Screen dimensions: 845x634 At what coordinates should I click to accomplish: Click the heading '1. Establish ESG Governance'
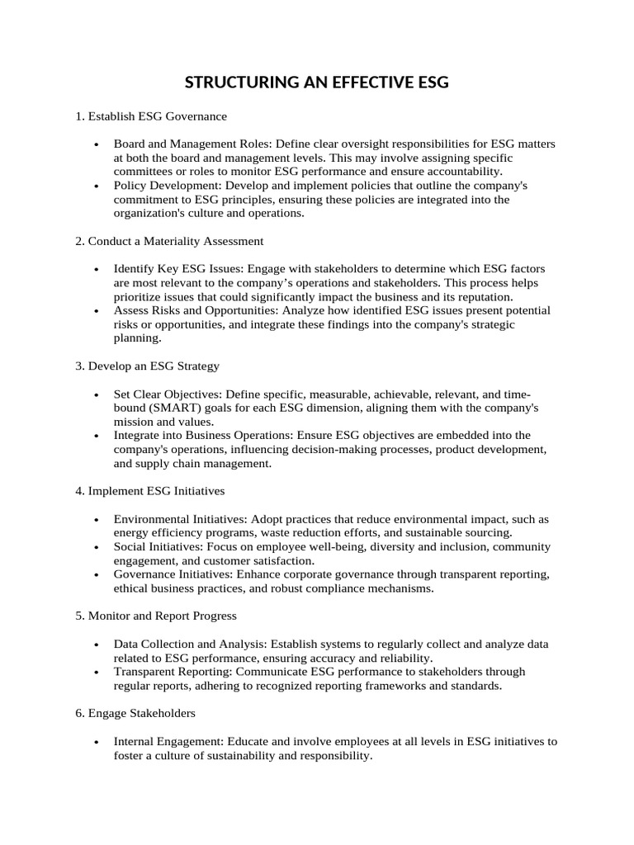click(x=151, y=116)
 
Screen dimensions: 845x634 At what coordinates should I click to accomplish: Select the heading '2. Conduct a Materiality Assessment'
click(x=169, y=241)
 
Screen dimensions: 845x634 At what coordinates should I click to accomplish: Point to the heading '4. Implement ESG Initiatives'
click(x=149, y=491)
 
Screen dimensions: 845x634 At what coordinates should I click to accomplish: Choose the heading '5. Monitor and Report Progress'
click(x=155, y=616)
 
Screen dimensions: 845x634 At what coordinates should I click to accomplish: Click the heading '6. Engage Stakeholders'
click(x=135, y=712)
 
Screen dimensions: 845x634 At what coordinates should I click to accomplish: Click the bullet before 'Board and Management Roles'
click(x=97, y=144)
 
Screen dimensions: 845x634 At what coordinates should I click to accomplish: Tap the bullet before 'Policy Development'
click(x=97, y=186)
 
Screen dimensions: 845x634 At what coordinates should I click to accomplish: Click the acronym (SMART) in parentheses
click(x=182, y=408)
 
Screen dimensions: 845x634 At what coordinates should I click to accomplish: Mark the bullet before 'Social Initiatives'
click(x=97, y=547)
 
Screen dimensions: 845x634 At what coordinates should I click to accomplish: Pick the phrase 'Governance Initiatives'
click(x=173, y=574)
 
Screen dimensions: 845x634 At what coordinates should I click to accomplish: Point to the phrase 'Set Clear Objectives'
click(x=168, y=394)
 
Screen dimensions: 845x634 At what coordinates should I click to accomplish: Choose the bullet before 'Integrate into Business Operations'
click(x=97, y=436)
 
